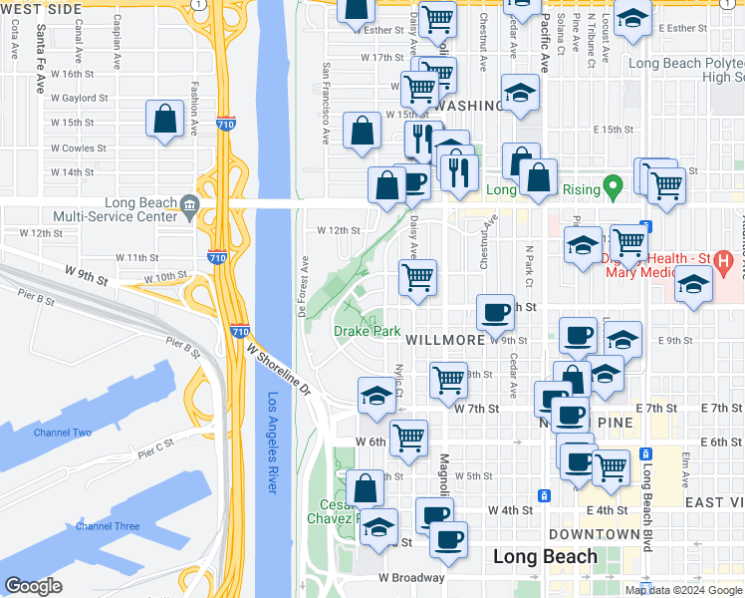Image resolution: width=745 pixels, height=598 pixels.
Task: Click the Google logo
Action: tap(34, 586)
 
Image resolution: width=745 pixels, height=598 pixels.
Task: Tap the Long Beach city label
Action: tap(546, 556)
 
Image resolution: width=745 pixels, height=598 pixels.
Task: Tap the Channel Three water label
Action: tap(107, 526)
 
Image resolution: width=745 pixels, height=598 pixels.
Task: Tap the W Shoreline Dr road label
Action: tap(281, 371)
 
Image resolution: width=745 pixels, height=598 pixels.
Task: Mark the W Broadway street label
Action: tap(410, 577)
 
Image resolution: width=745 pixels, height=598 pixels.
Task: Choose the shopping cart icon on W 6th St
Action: tap(408, 438)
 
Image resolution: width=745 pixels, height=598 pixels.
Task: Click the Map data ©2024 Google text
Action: tap(683, 590)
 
